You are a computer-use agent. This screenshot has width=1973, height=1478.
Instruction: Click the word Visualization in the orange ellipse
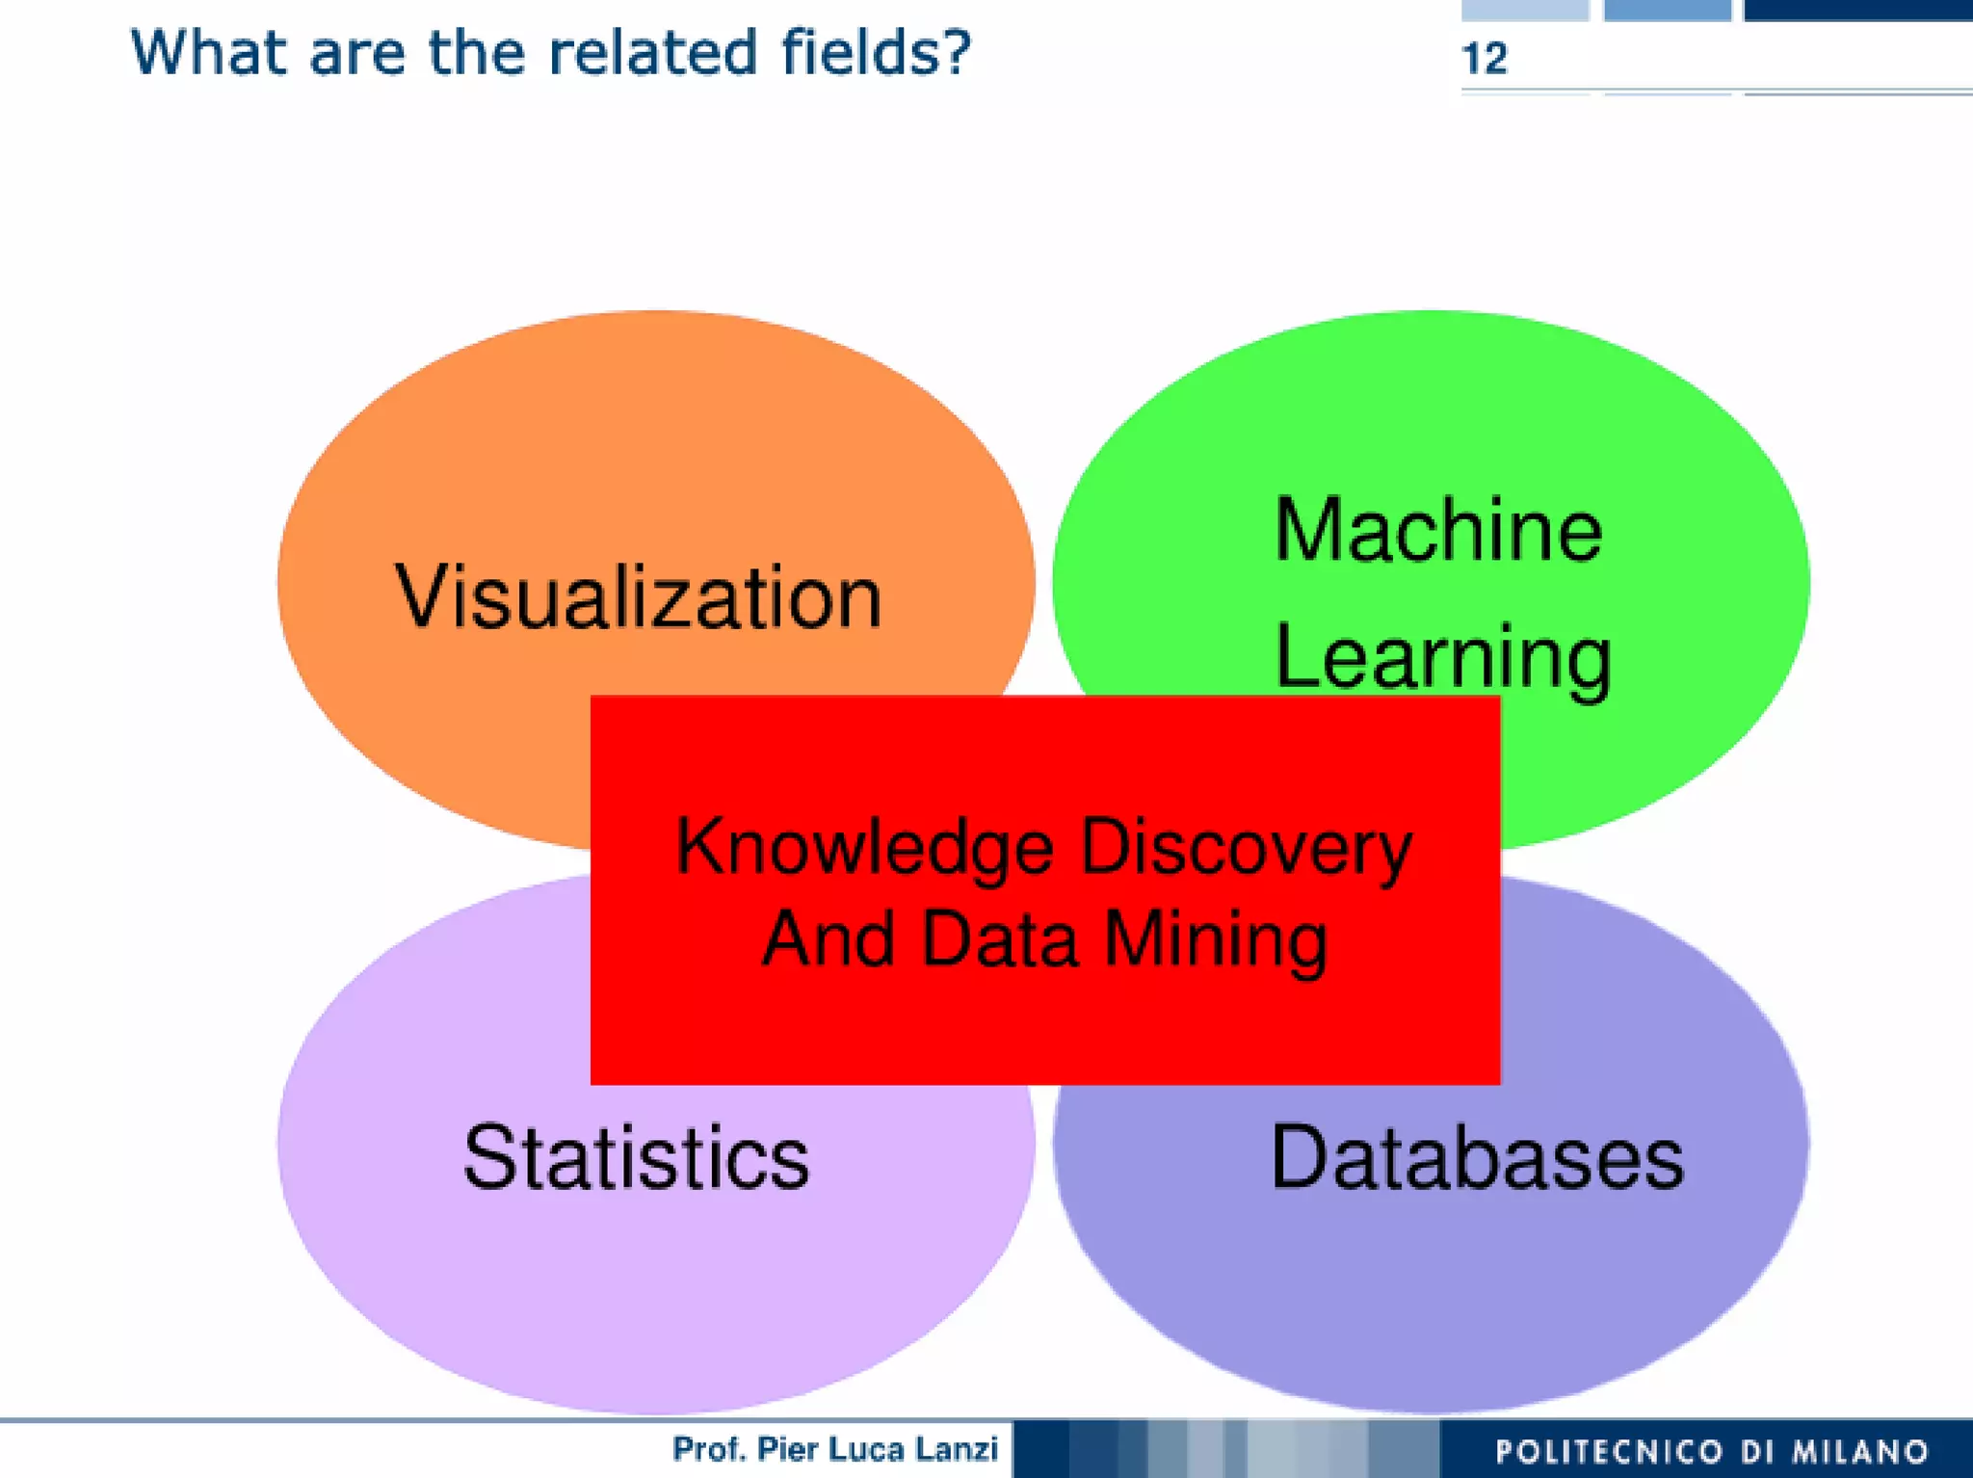tap(638, 597)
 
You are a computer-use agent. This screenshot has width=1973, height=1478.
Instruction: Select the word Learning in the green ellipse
tap(1442, 657)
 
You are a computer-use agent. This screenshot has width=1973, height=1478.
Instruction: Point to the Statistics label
tap(636, 1157)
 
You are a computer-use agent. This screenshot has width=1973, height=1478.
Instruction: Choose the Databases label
tap(1476, 1157)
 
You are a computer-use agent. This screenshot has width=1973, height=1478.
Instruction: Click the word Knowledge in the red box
tap(864, 847)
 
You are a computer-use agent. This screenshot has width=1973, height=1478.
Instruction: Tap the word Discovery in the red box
tap(1246, 847)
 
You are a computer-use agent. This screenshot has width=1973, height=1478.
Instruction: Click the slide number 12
tap(1484, 59)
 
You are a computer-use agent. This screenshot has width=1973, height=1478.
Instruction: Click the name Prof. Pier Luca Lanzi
tap(834, 1448)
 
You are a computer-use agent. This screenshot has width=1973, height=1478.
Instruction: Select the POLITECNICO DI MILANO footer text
tap(1712, 1451)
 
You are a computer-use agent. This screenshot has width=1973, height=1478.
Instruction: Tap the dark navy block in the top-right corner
tap(1857, 9)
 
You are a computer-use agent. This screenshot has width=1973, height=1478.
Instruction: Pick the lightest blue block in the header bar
tap(1524, 9)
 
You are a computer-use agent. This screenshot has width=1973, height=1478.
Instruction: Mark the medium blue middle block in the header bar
tap(1667, 9)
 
